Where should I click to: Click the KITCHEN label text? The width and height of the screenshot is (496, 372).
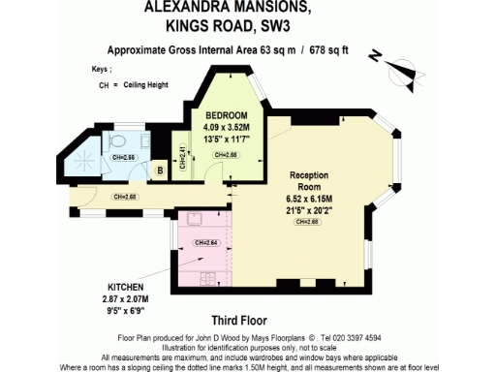point(127,289)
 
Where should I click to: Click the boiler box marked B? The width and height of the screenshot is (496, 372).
point(160,172)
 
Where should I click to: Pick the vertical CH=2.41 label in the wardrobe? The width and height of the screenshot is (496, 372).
point(183,158)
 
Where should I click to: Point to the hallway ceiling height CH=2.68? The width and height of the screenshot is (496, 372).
point(126,197)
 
